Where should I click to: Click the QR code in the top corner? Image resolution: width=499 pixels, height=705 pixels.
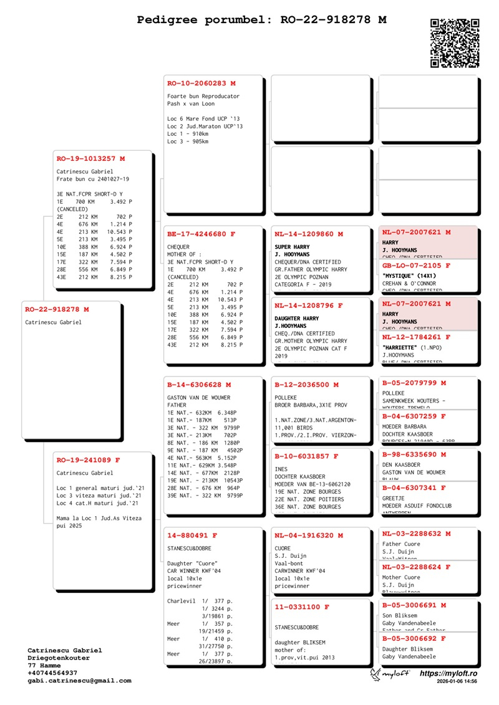point(455,43)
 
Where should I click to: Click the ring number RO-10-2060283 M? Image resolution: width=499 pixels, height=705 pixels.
point(201,83)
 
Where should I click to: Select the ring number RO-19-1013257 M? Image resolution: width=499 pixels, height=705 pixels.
point(90,159)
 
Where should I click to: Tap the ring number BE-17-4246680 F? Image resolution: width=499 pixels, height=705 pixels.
point(201,234)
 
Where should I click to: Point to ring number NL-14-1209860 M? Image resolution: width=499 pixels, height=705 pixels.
point(309,234)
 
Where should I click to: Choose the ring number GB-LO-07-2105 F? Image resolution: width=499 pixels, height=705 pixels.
point(416,266)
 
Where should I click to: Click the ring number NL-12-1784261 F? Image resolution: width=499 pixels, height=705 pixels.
point(416,337)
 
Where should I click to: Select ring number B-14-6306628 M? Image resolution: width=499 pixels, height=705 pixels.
point(199,385)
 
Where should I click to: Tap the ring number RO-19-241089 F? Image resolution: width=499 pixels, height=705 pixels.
point(88,460)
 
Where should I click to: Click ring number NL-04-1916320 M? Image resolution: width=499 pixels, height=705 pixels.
point(309,535)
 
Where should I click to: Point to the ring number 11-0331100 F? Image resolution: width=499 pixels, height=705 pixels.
point(302,607)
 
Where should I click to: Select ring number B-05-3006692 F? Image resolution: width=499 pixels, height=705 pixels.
point(414,638)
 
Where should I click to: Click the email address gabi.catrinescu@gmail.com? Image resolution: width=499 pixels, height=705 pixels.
point(79,681)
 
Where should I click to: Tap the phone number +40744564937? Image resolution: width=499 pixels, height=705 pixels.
point(52,673)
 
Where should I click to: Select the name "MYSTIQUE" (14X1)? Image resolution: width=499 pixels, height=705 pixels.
point(409,275)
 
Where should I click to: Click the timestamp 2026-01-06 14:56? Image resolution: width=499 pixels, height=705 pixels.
point(457,682)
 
